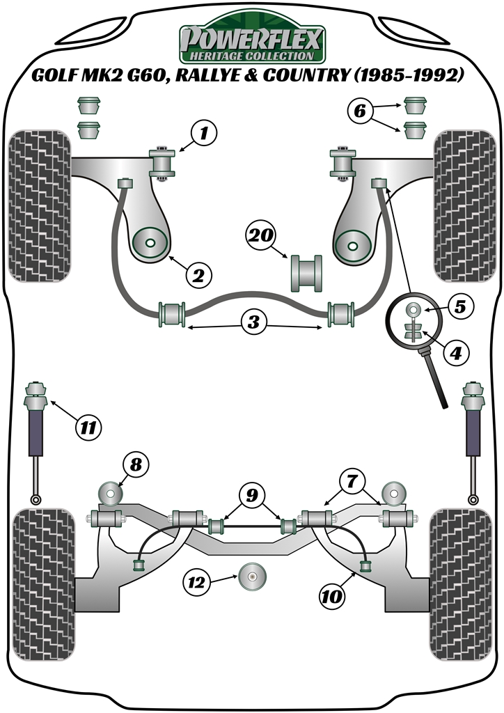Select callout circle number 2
198,276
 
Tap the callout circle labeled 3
253,322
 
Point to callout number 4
454,354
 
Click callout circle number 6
359,109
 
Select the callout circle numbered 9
251,495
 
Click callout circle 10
332,595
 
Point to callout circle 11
88,425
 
